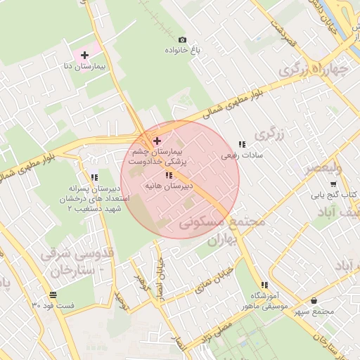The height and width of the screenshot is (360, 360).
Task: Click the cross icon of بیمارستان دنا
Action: click(84, 54)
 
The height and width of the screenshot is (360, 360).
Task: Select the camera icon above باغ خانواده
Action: click(183, 39)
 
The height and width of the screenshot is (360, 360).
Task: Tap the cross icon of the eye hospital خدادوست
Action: click(157, 141)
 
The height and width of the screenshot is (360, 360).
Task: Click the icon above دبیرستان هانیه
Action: click(169, 175)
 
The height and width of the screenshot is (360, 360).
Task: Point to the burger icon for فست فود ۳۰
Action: click(53, 294)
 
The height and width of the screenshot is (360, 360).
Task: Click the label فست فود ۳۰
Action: click(53, 306)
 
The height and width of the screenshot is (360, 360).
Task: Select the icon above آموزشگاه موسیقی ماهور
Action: click(264, 284)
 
